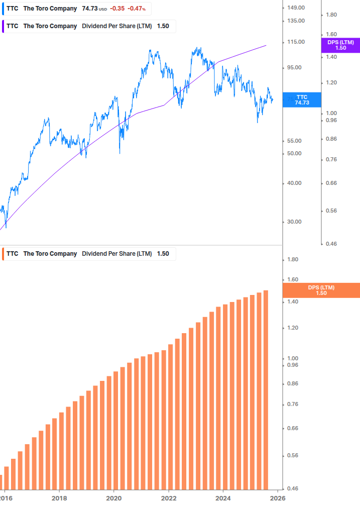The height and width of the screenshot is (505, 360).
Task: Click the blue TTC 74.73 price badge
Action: pos(302,99)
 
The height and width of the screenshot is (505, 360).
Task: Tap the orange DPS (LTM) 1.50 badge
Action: pos(321,290)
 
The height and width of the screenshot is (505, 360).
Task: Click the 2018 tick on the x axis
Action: pos(59,498)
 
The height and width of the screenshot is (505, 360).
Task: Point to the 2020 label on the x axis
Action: pos(114,498)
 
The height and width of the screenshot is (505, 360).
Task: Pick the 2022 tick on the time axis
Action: pos(169,498)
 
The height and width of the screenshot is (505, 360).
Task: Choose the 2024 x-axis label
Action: pos(223,498)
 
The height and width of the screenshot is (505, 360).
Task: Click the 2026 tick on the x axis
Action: pos(278,498)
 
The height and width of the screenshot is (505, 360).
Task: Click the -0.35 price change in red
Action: pos(118,9)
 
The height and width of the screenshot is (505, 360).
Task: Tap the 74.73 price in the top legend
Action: pos(90,9)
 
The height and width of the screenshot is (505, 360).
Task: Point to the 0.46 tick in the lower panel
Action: pos(293,488)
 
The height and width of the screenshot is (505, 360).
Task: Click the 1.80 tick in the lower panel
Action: pos(293,259)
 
